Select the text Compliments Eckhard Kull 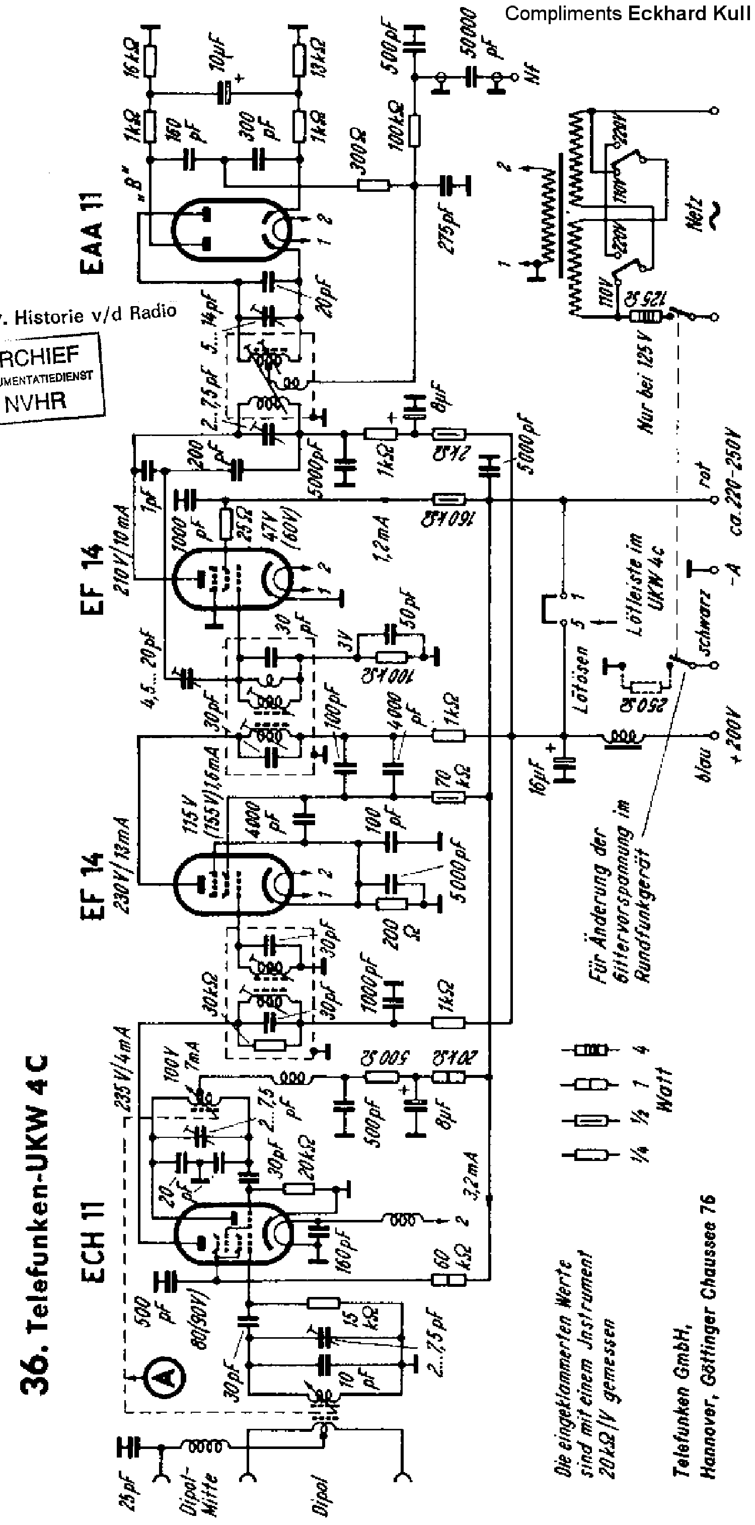pos(627,14)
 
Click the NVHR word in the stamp pos(36,403)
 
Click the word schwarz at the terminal pos(704,622)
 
